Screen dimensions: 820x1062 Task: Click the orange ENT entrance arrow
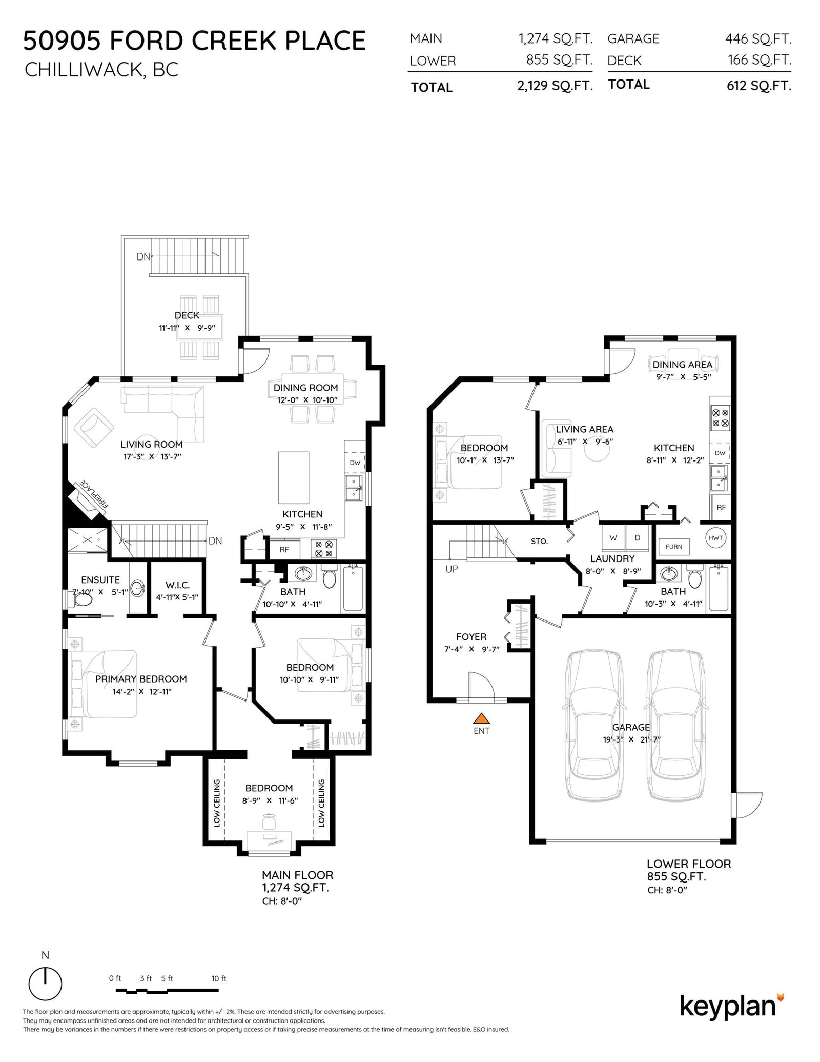coord(481,718)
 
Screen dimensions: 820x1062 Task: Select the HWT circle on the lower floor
coord(715,538)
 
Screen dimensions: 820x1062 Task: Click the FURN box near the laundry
coord(673,547)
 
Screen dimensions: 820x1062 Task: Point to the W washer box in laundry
coord(613,538)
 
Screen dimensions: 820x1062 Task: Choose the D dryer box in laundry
coord(638,538)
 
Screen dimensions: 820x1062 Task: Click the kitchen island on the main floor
coord(294,478)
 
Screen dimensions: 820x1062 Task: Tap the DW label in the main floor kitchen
coord(355,463)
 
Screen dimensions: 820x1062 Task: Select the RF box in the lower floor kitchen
coord(720,508)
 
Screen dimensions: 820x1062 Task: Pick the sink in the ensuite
coord(137,588)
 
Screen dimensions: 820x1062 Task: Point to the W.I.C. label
coord(177,585)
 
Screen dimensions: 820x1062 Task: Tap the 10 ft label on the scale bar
coord(219,978)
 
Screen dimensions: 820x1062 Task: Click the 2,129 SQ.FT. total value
coord(555,86)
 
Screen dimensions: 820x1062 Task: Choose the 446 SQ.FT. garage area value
coord(758,38)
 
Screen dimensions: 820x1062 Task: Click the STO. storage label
coord(539,541)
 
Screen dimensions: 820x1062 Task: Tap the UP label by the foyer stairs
coord(452,569)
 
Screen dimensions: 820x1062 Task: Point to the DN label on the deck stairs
coord(143,256)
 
